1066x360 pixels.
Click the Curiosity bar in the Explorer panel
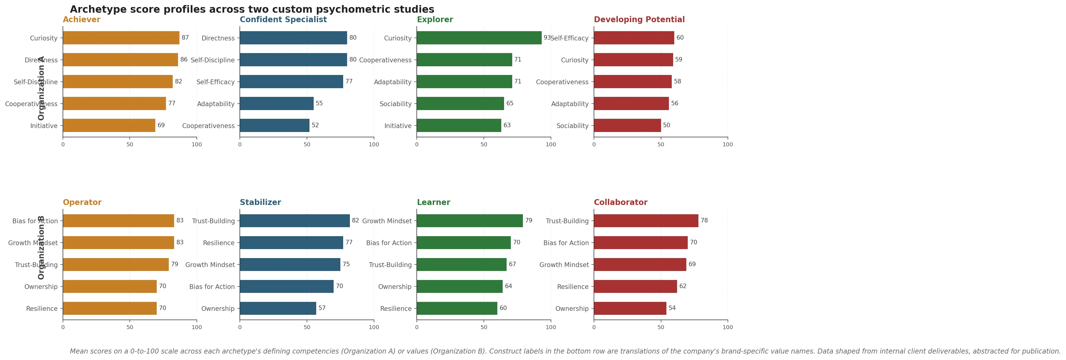coord(479,38)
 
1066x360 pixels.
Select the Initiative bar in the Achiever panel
coord(109,125)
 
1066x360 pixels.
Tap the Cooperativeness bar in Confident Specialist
coord(274,125)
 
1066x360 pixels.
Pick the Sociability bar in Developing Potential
coord(627,125)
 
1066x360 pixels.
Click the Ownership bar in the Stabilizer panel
coord(278,308)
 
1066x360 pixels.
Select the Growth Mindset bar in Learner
coord(470,220)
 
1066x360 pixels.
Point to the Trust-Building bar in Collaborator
coord(646,220)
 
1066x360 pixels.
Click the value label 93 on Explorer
coord(547,38)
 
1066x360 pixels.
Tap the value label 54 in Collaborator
coord(672,308)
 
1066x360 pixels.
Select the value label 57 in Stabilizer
coord(322,308)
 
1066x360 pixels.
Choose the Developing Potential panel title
coord(639,19)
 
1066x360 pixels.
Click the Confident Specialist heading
coord(283,19)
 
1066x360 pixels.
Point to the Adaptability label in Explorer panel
coord(393,82)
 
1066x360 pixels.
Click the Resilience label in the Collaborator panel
coord(572,287)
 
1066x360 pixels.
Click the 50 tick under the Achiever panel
coord(129,144)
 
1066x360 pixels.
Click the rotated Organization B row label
coord(41,247)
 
